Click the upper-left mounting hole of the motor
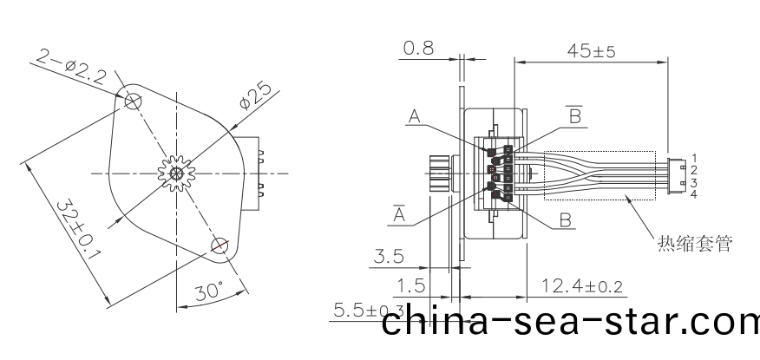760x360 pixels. [133, 101]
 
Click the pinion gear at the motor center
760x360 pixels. [176, 173]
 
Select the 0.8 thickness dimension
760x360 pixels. [418, 49]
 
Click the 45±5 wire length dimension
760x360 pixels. [593, 52]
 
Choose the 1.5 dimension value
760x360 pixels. [412, 285]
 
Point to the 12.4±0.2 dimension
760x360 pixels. [581, 285]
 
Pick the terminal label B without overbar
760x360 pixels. [566, 220]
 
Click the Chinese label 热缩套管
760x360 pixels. [694, 244]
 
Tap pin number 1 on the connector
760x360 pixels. [694, 156]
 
